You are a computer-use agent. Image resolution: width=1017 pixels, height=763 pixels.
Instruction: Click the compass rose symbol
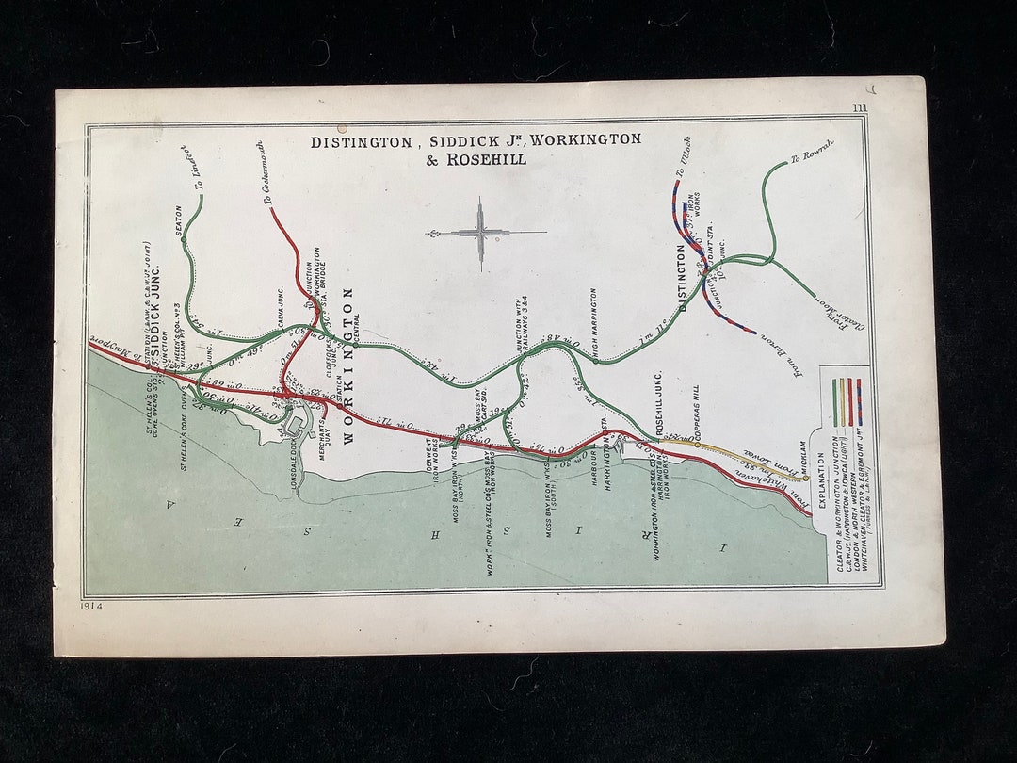481,232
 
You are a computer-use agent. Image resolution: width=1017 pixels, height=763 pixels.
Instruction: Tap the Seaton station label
178,220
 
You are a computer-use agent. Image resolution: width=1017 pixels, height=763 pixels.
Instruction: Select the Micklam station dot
806,479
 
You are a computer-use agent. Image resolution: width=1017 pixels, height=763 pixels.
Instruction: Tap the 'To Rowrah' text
807,158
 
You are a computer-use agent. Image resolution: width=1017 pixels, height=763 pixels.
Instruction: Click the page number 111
860,108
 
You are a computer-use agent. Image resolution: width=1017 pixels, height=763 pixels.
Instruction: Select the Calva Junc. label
281,309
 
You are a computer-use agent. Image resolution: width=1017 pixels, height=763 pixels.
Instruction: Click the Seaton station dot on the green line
183,239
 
